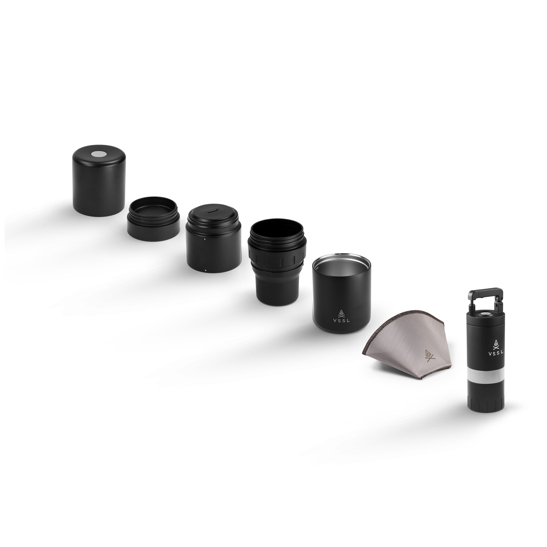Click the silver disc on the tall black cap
tap(99, 154)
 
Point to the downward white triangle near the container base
tap(206, 271)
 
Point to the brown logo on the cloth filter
tap(429, 355)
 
